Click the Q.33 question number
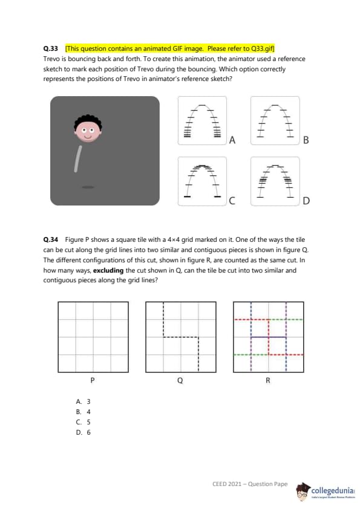point(50,49)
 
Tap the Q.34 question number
point(50,239)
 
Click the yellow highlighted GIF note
point(170,48)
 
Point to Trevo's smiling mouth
point(88,137)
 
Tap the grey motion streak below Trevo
point(77,158)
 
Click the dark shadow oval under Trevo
point(88,187)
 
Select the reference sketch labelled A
point(202,120)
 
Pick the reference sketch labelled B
point(275,120)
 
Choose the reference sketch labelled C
point(202,181)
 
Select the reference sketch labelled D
point(275,181)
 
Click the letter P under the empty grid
point(93,380)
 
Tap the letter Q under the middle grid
point(180,380)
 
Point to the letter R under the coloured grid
point(268,380)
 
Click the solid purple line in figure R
point(269,337)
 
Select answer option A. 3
point(83,401)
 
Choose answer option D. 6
point(83,432)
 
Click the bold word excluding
point(108,270)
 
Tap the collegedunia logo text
point(332,490)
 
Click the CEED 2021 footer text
point(250,484)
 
